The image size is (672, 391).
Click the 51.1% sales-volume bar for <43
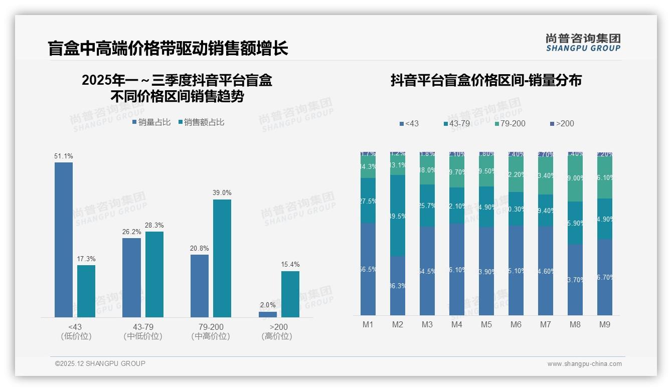pyautogui.click(x=64, y=240)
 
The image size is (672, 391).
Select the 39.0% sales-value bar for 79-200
pyautogui.click(x=222, y=258)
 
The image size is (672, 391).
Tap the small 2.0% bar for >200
pyautogui.click(x=268, y=314)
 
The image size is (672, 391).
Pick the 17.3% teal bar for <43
pyautogui.click(x=86, y=291)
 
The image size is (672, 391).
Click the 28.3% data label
pyautogui.click(x=154, y=226)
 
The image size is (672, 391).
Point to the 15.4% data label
pyautogui.click(x=290, y=265)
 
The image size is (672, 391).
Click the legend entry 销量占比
pyautogui.click(x=151, y=122)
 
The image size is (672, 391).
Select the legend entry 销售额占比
pyautogui.click(x=201, y=122)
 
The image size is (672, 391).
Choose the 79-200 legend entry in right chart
pyautogui.click(x=510, y=123)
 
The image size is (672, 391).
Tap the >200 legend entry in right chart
pyautogui.click(x=562, y=123)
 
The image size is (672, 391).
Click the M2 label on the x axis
pyautogui.click(x=398, y=325)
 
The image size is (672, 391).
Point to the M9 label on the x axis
pyautogui.click(x=605, y=325)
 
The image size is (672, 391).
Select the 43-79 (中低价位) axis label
pyautogui.click(x=143, y=331)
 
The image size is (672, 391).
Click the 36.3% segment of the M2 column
pyautogui.click(x=398, y=286)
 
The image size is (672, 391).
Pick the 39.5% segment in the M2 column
pyautogui.click(x=398, y=216)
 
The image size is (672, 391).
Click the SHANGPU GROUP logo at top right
pyautogui.click(x=583, y=43)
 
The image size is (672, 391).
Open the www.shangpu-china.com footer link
pyautogui.click(x=584, y=364)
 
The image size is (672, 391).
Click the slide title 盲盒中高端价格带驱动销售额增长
pyautogui.click(x=168, y=49)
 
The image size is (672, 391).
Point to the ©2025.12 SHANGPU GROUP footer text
pyautogui.click(x=100, y=364)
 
